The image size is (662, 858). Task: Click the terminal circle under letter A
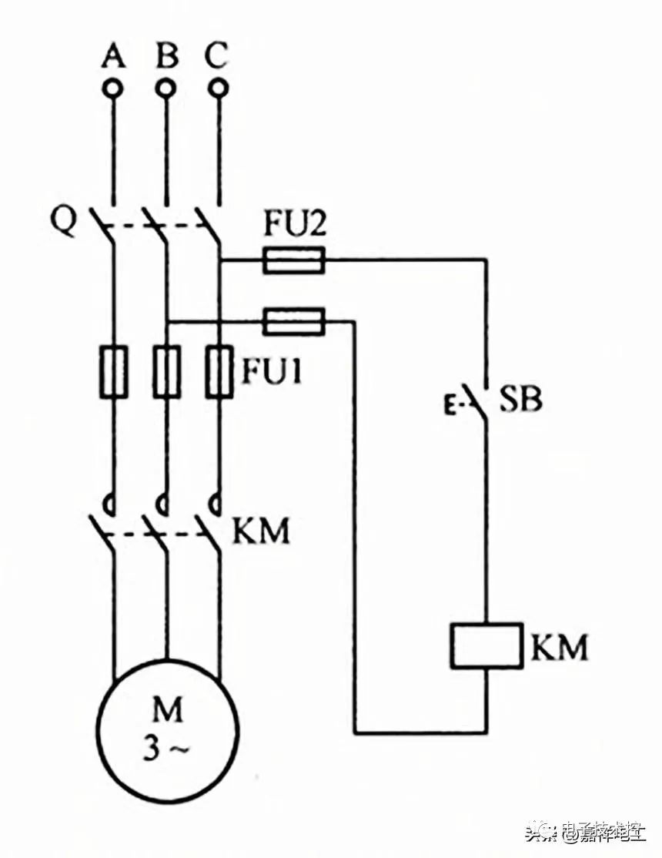(x=114, y=89)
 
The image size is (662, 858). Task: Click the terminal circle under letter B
(x=165, y=89)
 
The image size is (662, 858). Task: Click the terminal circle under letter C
(x=219, y=89)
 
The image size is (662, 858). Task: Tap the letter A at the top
(x=114, y=55)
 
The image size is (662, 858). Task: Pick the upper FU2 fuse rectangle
(x=293, y=260)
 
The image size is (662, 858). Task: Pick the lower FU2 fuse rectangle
(x=293, y=321)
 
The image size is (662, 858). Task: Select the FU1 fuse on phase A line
(x=114, y=372)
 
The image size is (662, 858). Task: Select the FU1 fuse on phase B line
(x=166, y=372)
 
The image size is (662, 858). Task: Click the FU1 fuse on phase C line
(x=219, y=372)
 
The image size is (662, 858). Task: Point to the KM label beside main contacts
(x=261, y=531)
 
